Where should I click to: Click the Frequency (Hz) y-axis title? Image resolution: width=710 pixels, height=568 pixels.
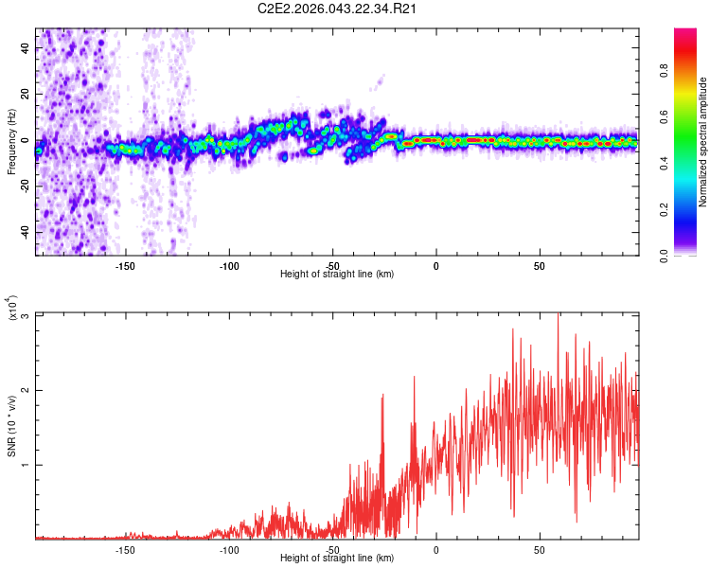pyautogui.click(x=11, y=141)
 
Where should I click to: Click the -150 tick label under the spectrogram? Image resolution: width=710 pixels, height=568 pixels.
pyautogui.click(x=126, y=265)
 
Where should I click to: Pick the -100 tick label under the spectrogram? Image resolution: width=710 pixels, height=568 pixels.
pyautogui.click(x=229, y=265)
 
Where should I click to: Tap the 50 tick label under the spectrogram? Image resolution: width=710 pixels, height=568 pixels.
pyautogui.click(x=539, y=265)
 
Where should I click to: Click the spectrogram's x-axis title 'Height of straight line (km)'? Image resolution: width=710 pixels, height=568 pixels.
pyautogui.click(x=337, y=275)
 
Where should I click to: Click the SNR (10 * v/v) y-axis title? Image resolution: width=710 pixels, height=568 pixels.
pyautogui.click(x=11, y=426)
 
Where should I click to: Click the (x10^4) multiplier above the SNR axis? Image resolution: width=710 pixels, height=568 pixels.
pyautogui.click(x=13, y=309)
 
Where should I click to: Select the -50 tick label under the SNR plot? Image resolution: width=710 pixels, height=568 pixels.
pyautogui.click(x=332, y=549)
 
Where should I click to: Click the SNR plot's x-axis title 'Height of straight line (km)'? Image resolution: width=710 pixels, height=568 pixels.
pyautogui.click(x=337, y=559)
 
